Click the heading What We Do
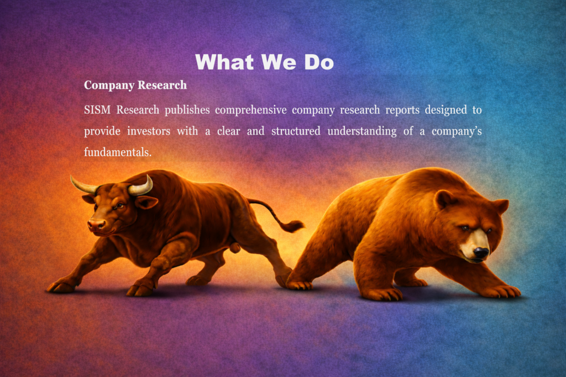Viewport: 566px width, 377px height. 264,62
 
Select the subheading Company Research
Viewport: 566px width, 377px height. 135,85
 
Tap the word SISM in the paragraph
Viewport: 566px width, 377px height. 97,110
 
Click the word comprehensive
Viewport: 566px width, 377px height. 251,110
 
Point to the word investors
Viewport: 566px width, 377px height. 148,131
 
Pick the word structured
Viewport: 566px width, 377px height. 296,131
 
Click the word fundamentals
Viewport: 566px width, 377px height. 118,152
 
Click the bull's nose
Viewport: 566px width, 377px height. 96,225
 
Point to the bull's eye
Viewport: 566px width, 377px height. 119,206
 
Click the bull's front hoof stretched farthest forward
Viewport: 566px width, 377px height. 61,287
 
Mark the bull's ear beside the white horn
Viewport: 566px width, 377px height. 146,202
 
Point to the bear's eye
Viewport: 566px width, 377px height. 465,228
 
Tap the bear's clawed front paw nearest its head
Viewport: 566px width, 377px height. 503,291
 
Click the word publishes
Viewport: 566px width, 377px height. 187,110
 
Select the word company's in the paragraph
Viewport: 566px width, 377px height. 457,131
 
